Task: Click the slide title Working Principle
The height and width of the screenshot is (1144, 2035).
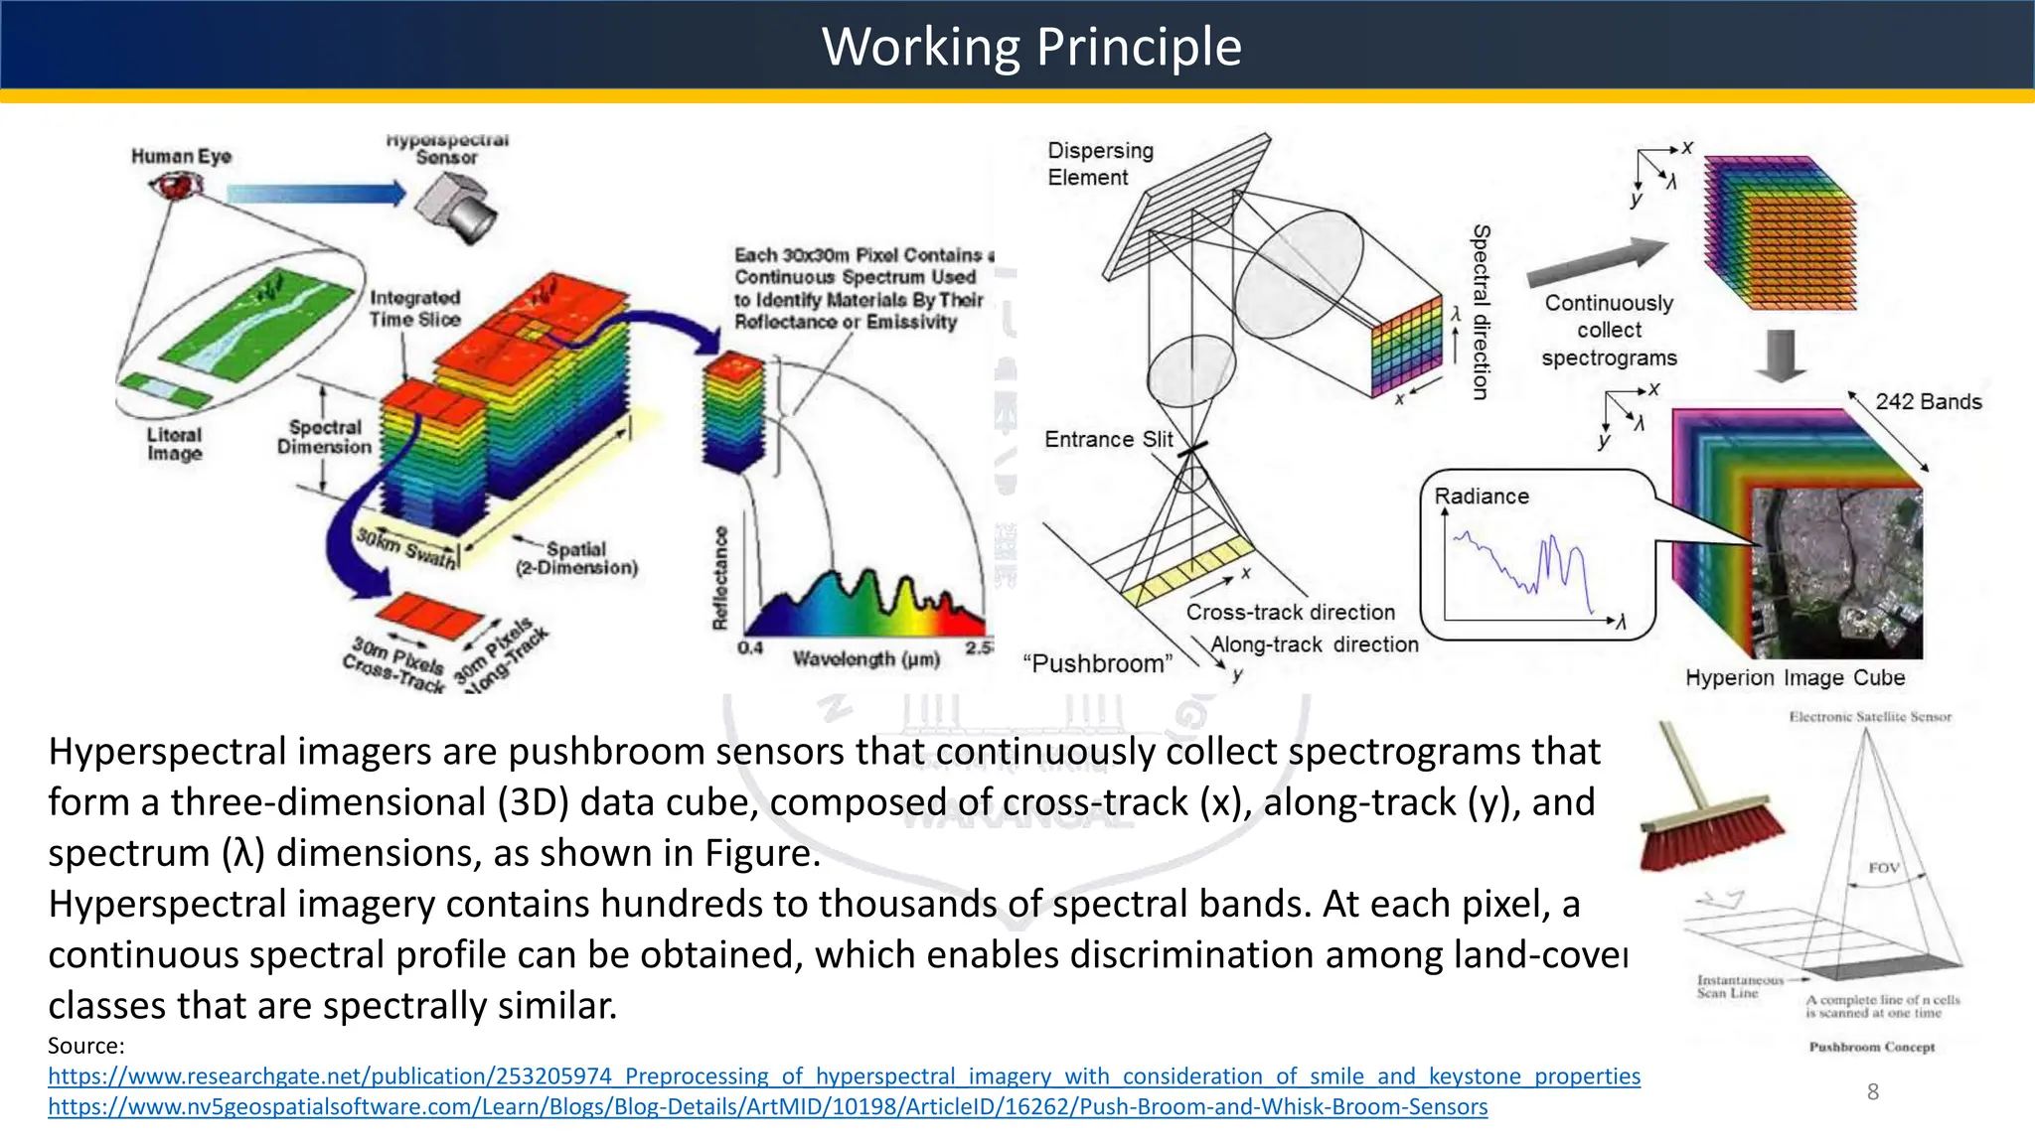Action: tap(1030, 47)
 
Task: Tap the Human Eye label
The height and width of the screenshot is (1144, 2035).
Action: tap(181, 156)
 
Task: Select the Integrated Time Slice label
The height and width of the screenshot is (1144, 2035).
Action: tap(414, 308)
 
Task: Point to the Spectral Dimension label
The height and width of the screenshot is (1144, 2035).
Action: tap(324, 437)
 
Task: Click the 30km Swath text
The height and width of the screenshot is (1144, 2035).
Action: tap(406, 548)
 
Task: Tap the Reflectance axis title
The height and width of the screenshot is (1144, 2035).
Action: tap(720, 578)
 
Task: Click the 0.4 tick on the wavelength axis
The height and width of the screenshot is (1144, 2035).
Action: tap(750, 647)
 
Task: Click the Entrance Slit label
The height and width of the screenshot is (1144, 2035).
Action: tap(1108, 439)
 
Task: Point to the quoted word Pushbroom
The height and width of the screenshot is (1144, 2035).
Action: tap(1097, 663)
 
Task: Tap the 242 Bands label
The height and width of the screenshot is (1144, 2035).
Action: tap(1928, 401)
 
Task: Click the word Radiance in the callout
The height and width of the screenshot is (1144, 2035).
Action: tap(1481, 496)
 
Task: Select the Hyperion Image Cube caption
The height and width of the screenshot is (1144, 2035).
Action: tap(1795, 677)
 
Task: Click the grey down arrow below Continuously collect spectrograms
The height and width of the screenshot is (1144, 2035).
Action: tap(1780, 356)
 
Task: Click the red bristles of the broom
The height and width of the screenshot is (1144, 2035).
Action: tap(1711, 840)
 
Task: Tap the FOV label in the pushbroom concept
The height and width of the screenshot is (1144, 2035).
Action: tap(1883, 867)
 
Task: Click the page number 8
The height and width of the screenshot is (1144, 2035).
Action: tap(1872, 1091)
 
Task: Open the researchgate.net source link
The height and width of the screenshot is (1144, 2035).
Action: tap(844, 1075)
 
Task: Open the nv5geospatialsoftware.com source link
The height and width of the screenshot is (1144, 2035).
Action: tap(767, 1106)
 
